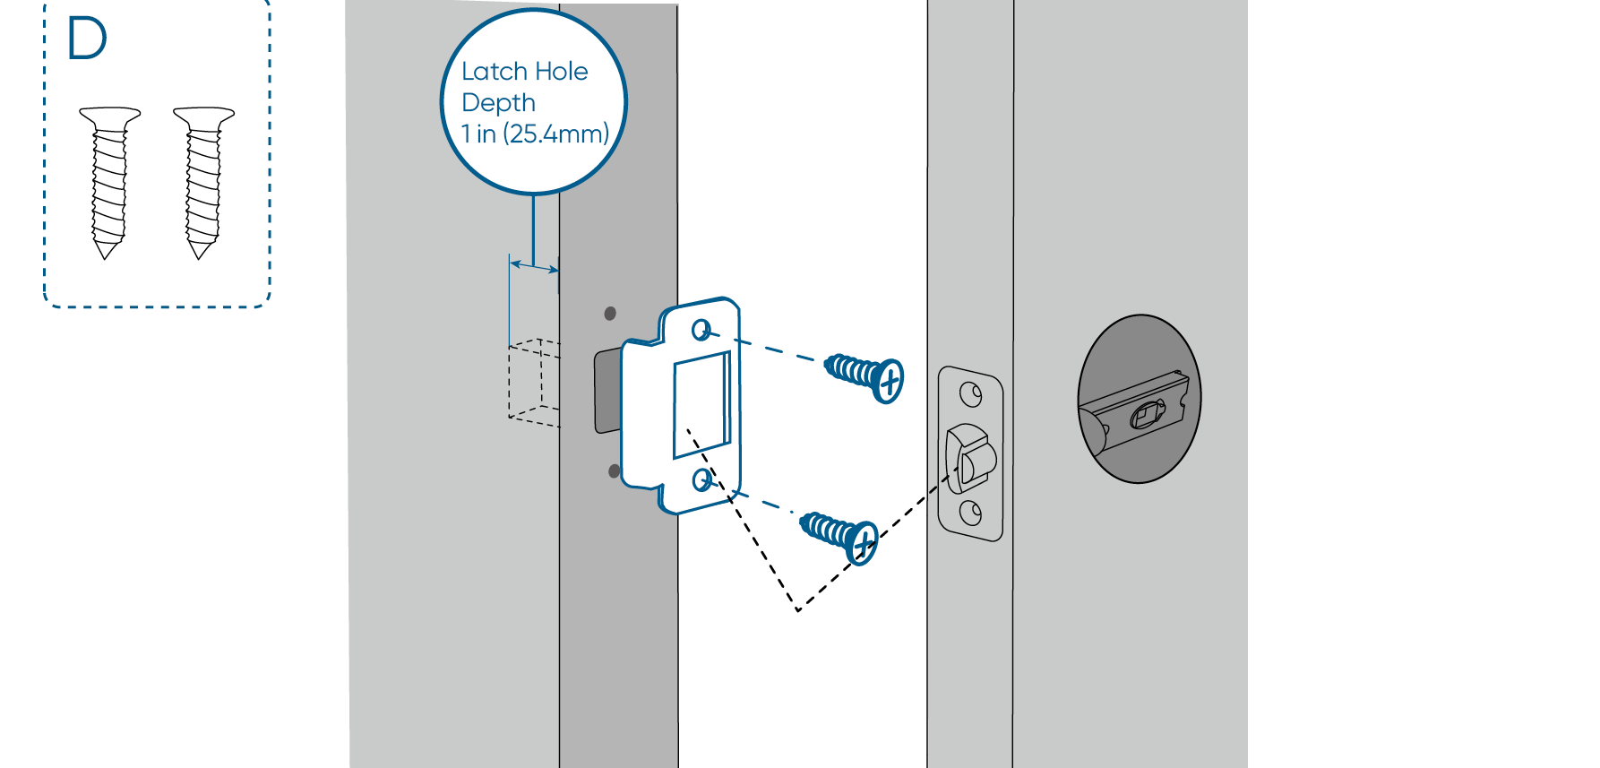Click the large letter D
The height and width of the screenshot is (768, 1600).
point(87,39)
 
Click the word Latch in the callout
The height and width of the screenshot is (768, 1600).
point(494,72)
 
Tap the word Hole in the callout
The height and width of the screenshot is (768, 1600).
point(562,72)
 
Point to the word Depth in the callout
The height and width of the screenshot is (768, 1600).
point(498,103)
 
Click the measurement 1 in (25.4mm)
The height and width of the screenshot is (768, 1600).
point(535,134)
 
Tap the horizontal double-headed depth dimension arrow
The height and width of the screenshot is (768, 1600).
point(534,266)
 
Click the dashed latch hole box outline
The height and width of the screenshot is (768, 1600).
point(533,380)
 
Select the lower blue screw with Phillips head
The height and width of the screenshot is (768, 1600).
point(840,534)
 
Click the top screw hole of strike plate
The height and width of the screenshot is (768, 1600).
point(701,331)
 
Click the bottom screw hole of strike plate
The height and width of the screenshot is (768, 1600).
point(702,481)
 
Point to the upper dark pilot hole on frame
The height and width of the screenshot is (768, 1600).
point(610,314)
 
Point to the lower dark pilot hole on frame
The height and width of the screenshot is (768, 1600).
point(614,470)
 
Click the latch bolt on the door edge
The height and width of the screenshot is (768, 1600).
point(968,457)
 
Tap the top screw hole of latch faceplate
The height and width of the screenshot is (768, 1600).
point(970,393)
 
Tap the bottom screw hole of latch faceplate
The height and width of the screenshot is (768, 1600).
point(970,513)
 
